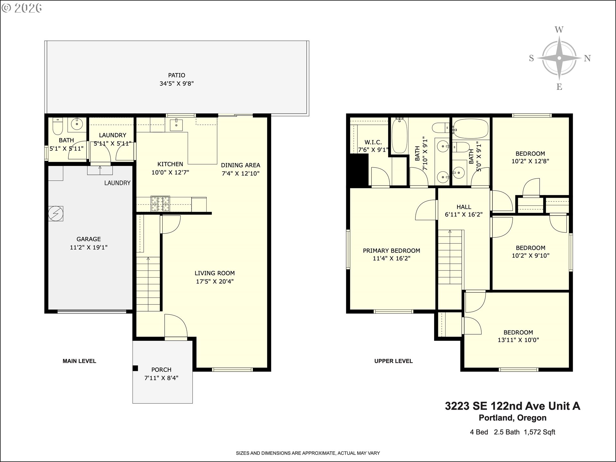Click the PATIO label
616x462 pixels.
[x=176, y=75]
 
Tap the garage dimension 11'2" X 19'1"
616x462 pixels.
[x=89, y=247]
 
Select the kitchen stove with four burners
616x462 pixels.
[x=160, y=203]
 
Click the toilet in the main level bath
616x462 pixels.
[x=57, y=126]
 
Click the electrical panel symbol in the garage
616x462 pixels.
[x=56, y=213]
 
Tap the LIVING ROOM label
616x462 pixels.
[x=215, y=273]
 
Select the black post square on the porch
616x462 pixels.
[x=135, y=368]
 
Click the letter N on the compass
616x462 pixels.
[x=587, y=58]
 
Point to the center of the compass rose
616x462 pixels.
[x=559, y=58]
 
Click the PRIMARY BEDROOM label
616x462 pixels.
[x=391, y=251]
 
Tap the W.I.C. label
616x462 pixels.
[x=373, y=142]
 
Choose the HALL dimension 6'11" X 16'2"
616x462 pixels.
[x=464, y=215]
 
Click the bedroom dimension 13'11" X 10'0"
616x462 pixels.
[x=518, y=340]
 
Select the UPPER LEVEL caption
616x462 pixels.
[x=393, y=361]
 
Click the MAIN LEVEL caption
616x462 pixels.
[x=79, y=361]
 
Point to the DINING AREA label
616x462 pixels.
[x=241, y=165]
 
